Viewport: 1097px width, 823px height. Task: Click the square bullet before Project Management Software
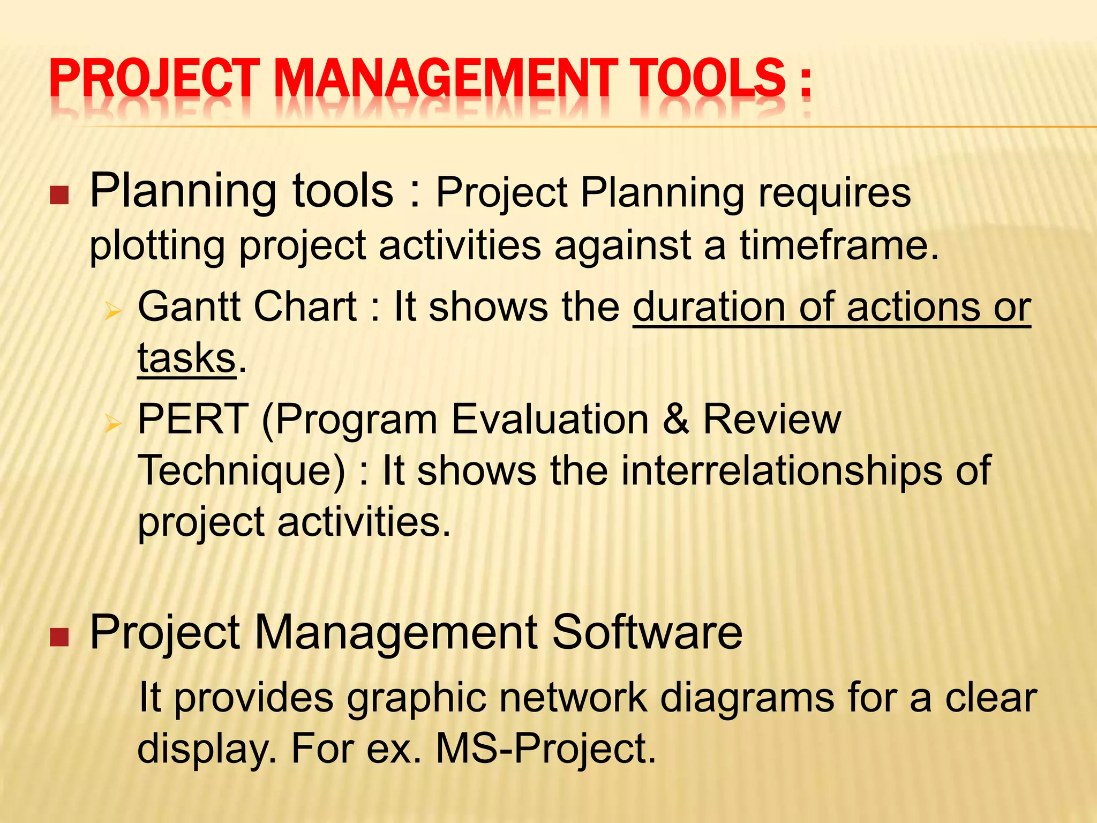(59, 637)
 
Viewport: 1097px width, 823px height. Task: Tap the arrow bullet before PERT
(112, 424)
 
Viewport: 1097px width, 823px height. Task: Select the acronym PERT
(193, 420)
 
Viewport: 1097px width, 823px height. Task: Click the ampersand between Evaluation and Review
(675, 420)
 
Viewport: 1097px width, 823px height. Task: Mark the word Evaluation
(550, 420)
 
